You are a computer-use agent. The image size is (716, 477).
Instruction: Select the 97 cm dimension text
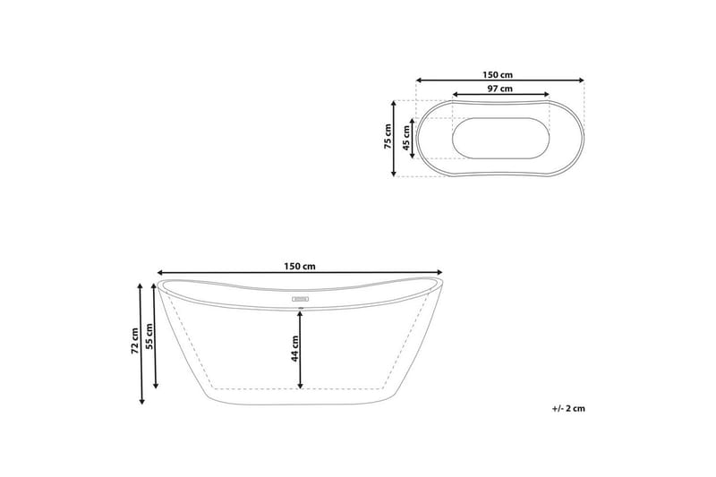point(499,89)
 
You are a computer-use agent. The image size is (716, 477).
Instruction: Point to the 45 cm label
point(405,139)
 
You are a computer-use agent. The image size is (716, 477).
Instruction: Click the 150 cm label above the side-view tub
point(300,266)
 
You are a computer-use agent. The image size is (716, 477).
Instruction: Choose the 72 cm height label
point(133,342)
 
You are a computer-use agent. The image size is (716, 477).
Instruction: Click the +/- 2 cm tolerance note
point(568,408)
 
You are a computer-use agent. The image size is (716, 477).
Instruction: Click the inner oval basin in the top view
point(499,139)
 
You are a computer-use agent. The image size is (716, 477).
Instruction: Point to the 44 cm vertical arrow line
point(301,349)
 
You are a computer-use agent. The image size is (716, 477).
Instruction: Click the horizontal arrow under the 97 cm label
point(499,95)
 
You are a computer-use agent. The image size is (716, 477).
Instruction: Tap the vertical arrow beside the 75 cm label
point(395,138)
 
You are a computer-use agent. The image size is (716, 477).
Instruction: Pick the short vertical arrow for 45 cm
point(412,139)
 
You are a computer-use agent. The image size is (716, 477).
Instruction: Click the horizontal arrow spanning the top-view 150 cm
point(499,80)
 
